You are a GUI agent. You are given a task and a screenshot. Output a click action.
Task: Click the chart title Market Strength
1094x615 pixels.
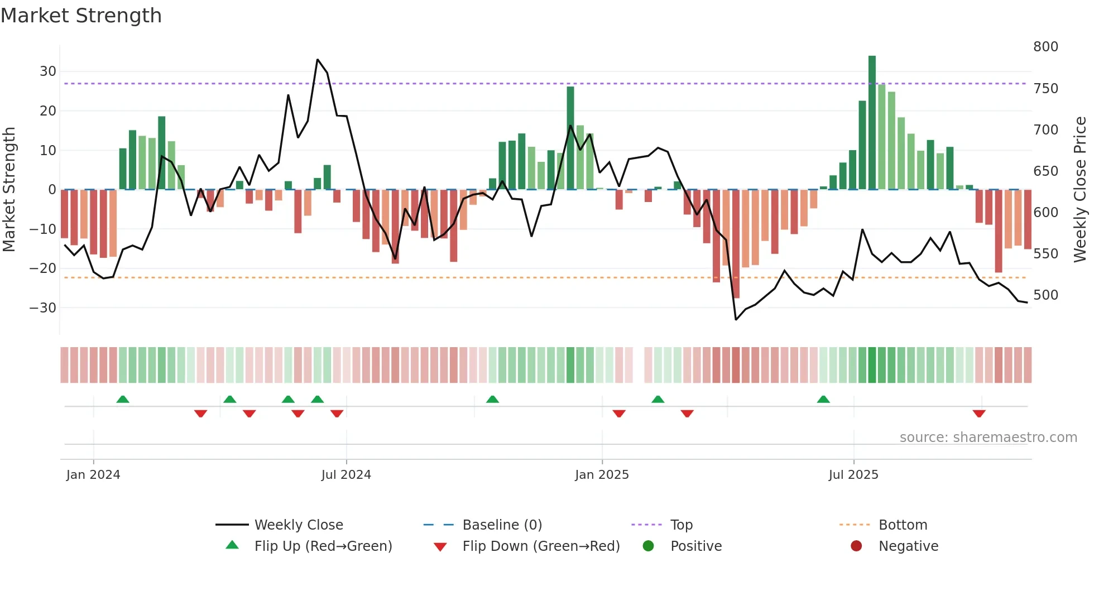81,16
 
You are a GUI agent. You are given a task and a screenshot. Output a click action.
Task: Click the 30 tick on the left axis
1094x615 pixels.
48,71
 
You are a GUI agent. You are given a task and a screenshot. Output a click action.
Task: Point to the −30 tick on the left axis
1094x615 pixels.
43,308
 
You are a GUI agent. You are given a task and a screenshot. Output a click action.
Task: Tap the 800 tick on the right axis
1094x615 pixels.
1045,47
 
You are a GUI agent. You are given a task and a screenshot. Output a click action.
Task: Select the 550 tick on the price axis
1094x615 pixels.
1045,254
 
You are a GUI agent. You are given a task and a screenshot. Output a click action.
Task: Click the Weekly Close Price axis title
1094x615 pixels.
1080,190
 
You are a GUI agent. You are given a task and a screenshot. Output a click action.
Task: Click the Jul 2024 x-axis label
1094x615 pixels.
346,475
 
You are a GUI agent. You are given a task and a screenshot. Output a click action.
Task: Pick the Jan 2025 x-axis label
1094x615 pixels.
602,475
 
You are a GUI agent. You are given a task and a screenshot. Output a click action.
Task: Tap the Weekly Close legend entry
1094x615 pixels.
298,525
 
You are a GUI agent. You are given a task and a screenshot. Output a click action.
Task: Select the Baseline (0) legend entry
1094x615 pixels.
502,525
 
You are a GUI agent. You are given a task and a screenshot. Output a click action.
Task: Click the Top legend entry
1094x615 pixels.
681,525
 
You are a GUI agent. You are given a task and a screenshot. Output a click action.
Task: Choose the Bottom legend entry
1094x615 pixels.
903,525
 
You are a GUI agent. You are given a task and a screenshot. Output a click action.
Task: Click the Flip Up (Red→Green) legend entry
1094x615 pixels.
323,546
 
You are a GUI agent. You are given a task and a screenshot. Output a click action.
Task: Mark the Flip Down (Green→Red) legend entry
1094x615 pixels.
540,546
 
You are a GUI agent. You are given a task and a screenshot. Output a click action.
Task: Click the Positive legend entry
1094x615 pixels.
695,546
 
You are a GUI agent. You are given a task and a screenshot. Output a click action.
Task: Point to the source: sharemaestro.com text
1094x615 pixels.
988,438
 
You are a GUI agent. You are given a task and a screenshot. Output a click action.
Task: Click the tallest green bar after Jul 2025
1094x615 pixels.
872,123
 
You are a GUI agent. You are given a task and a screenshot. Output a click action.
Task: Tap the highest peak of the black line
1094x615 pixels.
318,60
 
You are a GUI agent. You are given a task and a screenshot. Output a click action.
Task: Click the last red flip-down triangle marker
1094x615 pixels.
978,414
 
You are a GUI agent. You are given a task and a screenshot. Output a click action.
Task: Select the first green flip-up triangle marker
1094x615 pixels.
123,399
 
